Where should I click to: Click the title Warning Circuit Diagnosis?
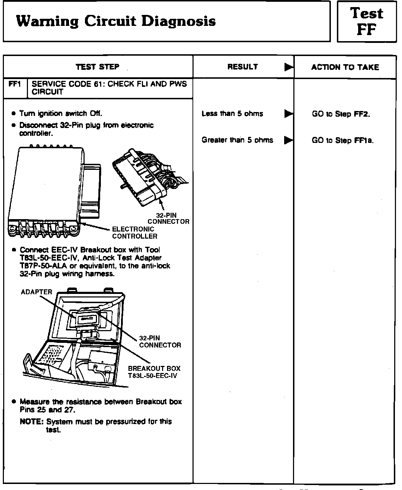(116, 21)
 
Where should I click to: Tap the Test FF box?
(367, 22)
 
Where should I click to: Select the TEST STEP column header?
(98, 67)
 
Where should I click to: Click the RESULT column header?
(243, 67)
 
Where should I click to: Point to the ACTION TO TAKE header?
(345, 67)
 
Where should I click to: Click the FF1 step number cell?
(15, 84)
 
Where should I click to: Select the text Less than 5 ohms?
(232, 114)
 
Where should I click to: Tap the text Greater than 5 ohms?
(237, 140)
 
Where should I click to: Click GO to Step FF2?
(341, 114)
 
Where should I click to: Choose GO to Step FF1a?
(343, 140)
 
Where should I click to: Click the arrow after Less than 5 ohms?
(289, 114)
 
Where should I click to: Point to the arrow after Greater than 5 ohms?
(289, 140)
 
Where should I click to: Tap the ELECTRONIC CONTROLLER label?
(134, 233)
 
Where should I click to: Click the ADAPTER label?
(36, 292)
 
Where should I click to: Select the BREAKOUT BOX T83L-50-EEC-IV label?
(154, 372)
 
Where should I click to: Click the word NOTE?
(31, 422)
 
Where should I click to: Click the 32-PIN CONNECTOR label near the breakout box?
(160, 341)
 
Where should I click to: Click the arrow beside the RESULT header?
(289, 67)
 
